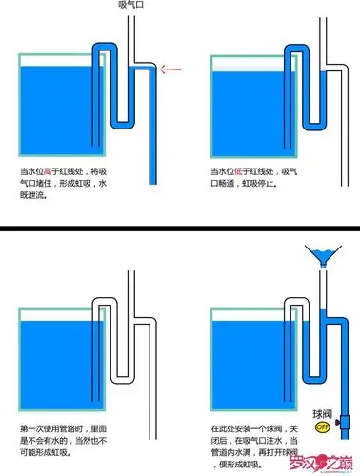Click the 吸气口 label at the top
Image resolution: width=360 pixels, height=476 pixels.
[x=132, y=6]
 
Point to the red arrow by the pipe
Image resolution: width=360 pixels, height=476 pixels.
[x=172, y=68]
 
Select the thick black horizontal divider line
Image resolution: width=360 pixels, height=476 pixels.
[x=180, y=230]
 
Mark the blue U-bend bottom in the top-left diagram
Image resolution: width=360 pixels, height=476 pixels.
[x=124, y=123]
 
